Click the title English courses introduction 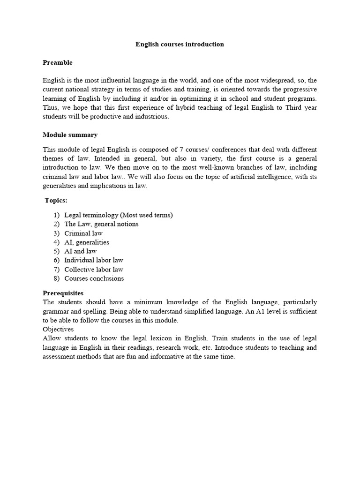180,45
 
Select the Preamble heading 58,62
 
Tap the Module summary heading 70,135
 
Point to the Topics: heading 56,201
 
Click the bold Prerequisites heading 63,293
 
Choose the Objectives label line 59,329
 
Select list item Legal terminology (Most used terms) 119,215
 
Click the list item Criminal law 83,233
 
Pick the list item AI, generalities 87,242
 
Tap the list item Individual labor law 94,260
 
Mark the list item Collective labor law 94,270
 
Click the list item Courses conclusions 94,278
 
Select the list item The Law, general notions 102,224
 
